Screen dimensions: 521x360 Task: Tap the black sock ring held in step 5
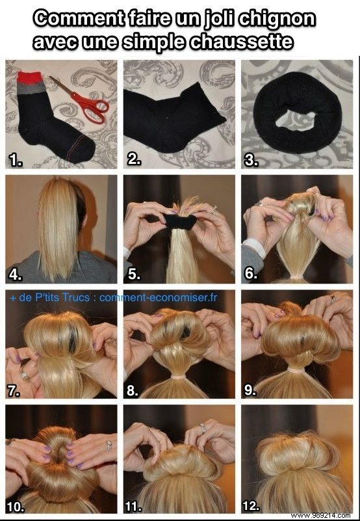point(179,223)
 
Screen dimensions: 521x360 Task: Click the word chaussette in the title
point(250,42)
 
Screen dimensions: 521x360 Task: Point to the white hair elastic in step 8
point(181,376)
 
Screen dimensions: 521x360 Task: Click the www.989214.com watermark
point(322,514)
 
